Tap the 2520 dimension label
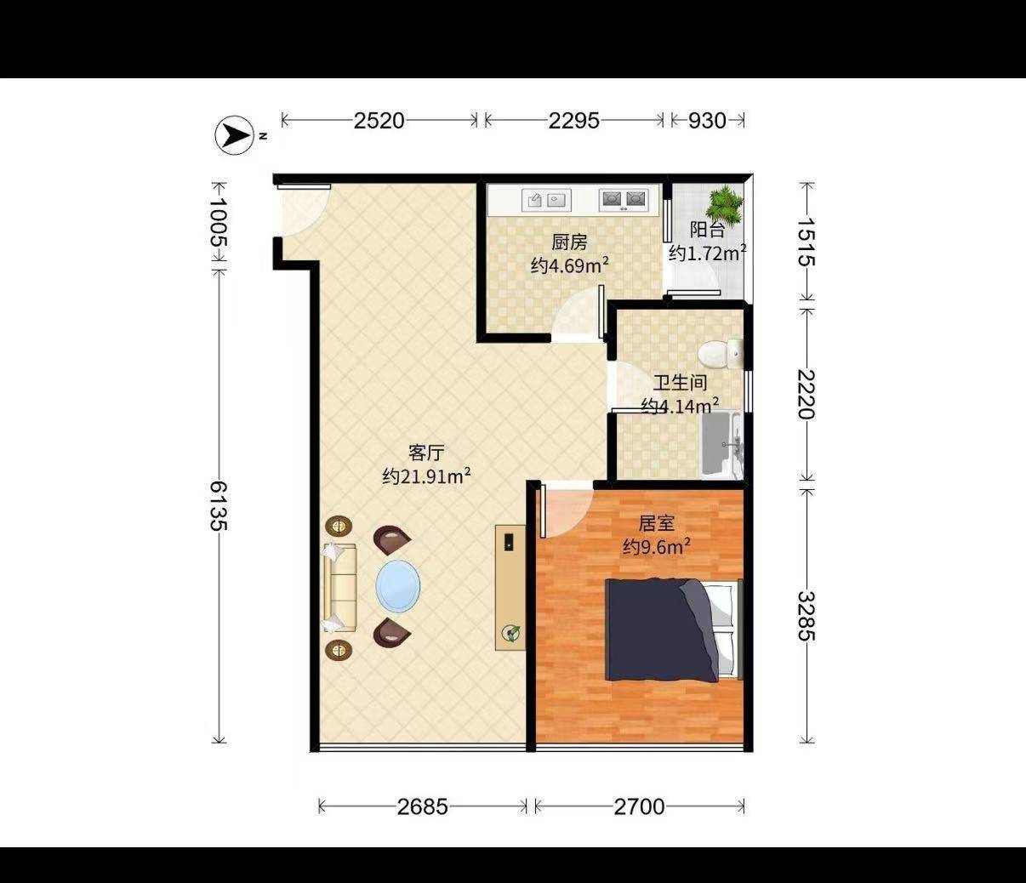(x=379, y=121)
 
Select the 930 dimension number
(x=707, y=121)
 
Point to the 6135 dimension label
(x=218, y=505)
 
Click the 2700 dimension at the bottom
(x=639, y=807)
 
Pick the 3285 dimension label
(x=807, y=616)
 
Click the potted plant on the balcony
(x=725, y=203)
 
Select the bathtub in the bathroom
(x=722, y=445)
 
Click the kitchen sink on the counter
(x=546, y=200)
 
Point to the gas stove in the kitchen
(x=624, y=200)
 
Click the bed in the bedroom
(x=674, y=629)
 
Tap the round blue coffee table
(x=397, y=586)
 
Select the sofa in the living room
(x=340, y=588)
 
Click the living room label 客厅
(x=426, y=453)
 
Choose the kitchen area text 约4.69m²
(x=570, y=265)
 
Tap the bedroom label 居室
(x=656, y=523)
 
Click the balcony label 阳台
(x=707, y=230)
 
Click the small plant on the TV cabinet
(x=510, y=633)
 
